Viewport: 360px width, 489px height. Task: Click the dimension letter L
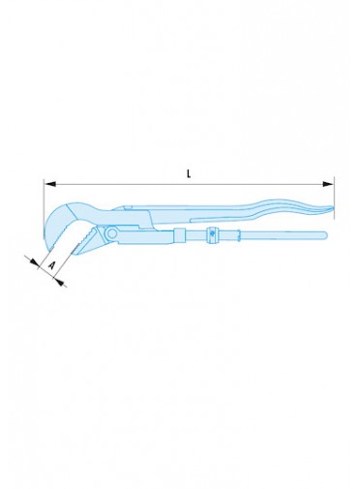coord(189,174)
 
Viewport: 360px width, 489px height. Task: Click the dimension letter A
coord(51,265)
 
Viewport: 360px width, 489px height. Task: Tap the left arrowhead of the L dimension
coord(50,184)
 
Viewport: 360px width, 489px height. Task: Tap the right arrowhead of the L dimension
coord(328,184)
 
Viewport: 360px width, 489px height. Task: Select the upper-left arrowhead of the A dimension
coord(34,262)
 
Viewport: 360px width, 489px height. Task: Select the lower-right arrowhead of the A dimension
coord(59,281)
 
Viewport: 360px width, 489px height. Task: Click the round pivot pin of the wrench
coord(112,232)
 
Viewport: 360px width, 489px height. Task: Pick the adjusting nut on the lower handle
coord(212,234)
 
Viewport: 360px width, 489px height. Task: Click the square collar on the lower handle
coord(180,234)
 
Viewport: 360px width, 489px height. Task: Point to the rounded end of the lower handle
coord(324,234)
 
